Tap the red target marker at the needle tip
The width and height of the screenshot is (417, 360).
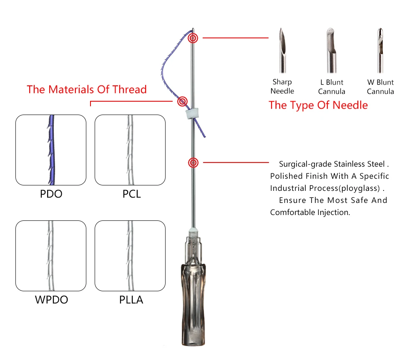click(x=193, y=38)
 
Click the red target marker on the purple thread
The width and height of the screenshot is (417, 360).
click(x=182, y=101)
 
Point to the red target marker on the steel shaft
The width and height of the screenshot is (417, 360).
click(x=193, y=162)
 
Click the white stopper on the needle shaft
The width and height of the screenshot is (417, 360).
click(x=190, y=113)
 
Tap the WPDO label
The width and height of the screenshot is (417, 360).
click(x=51, y=300)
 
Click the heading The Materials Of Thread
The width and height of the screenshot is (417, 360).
click(x=87, y=90)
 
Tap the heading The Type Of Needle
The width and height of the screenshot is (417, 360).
click(x=318, y=105)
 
